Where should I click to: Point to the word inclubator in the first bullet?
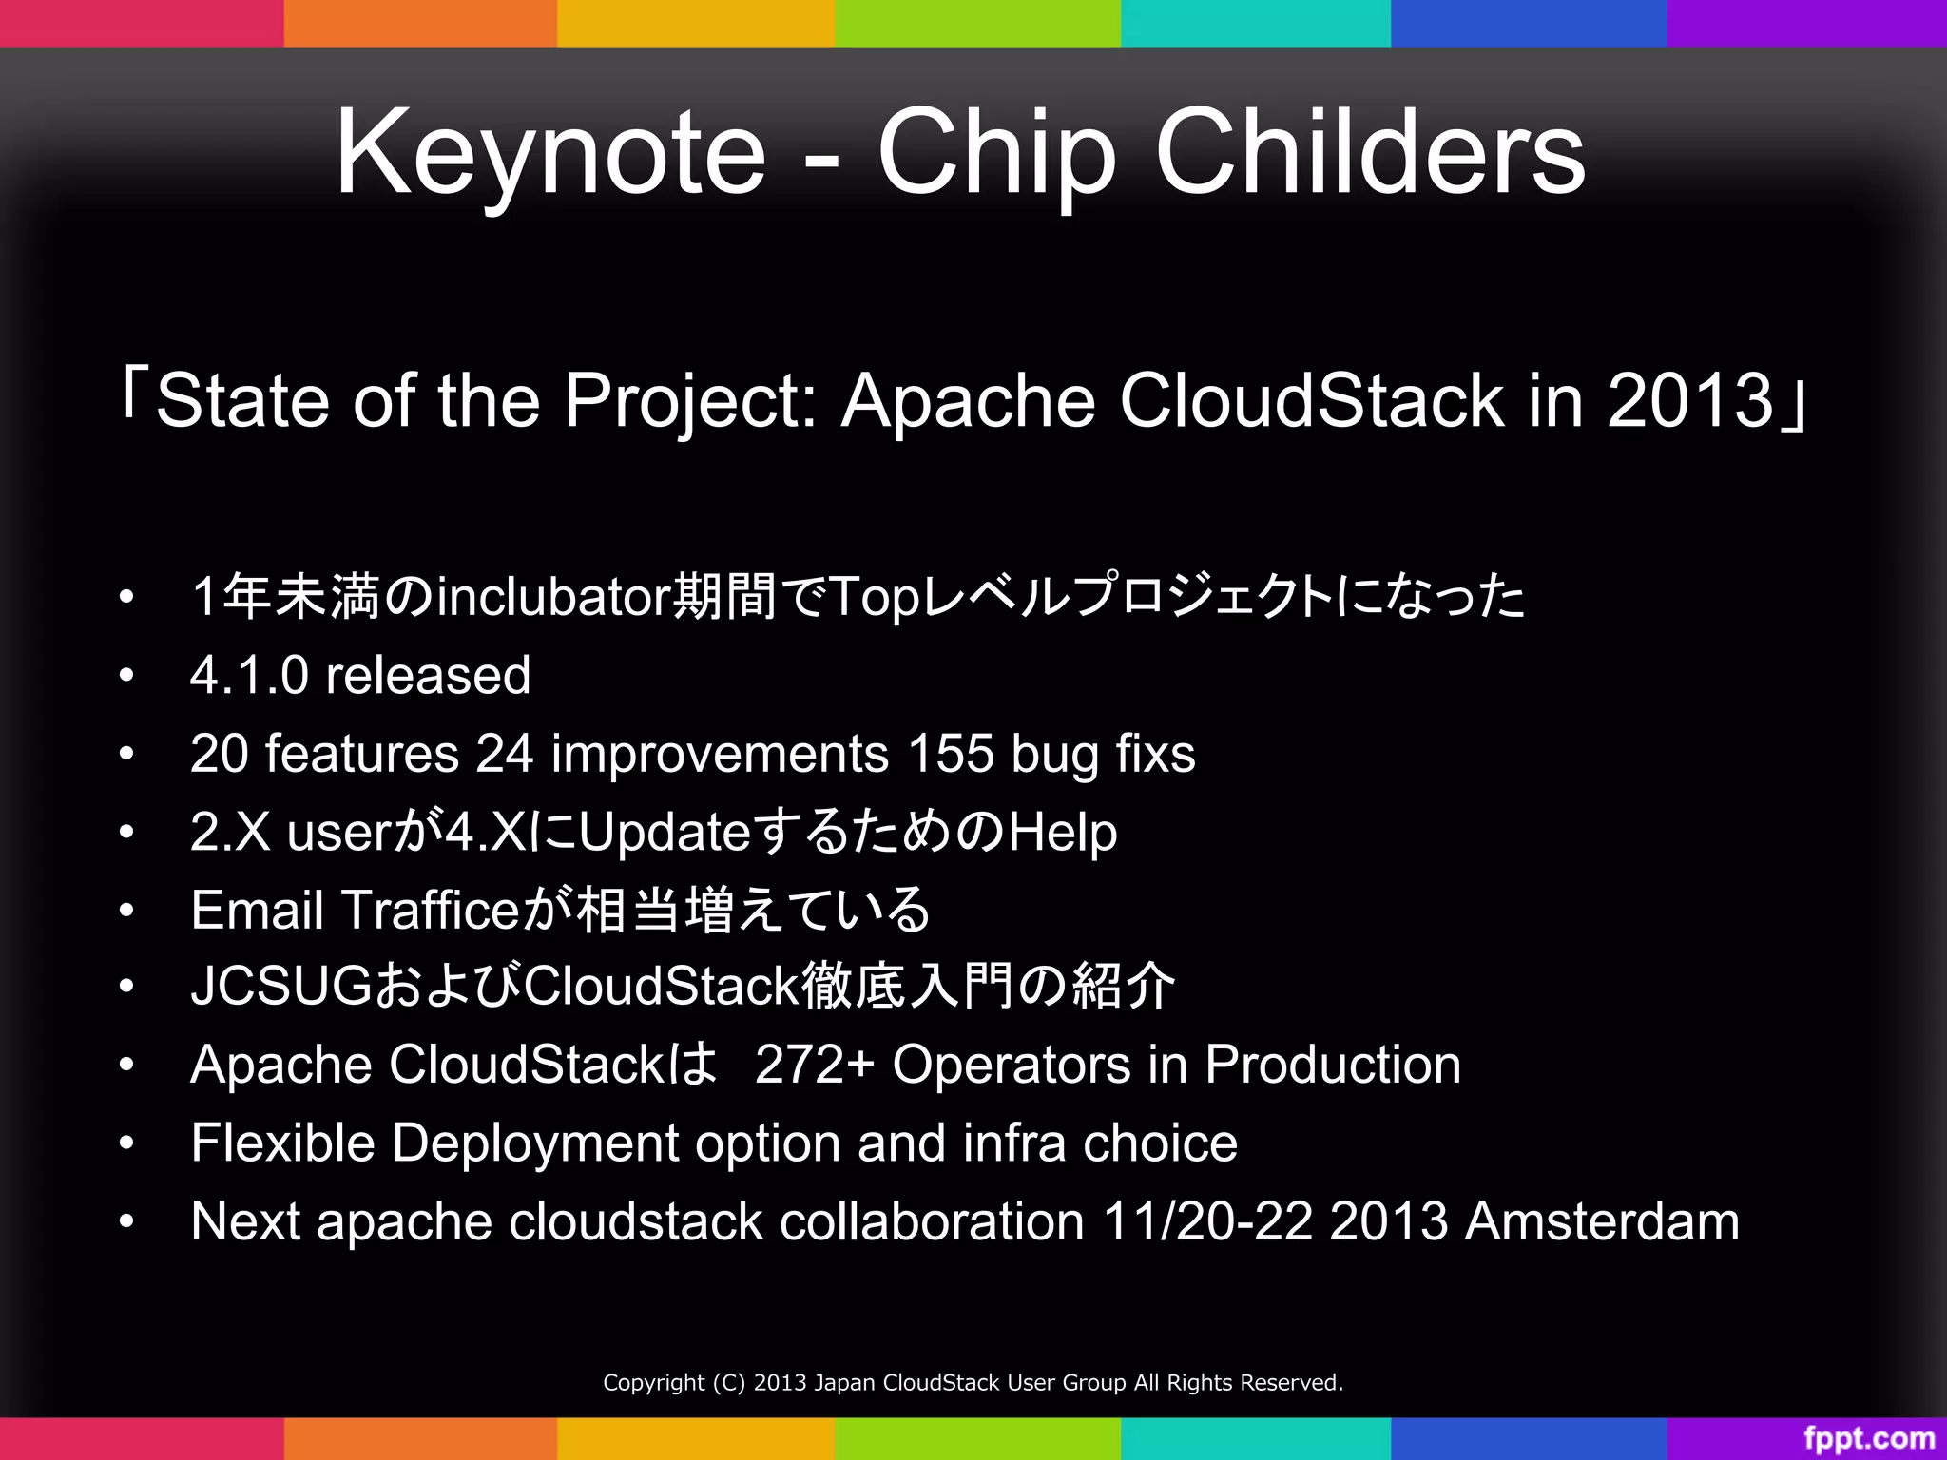coord(554,598)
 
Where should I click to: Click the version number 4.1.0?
coord(249,676)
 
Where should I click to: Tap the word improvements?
coord(720,754)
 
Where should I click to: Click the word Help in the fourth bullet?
coord(1062,833)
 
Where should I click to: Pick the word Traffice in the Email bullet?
coord(430,911)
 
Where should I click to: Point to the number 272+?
coord(814,1065)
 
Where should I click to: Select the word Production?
coord(1333,1065)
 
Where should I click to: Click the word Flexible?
coord(282,1143)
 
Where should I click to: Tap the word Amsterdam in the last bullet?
coord(1602,1221)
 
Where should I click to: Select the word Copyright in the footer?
coord(653,1383)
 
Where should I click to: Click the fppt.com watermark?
coord(1868,1438)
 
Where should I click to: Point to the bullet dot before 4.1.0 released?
coord(126,676)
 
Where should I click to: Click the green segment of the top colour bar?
coord(977,23)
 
